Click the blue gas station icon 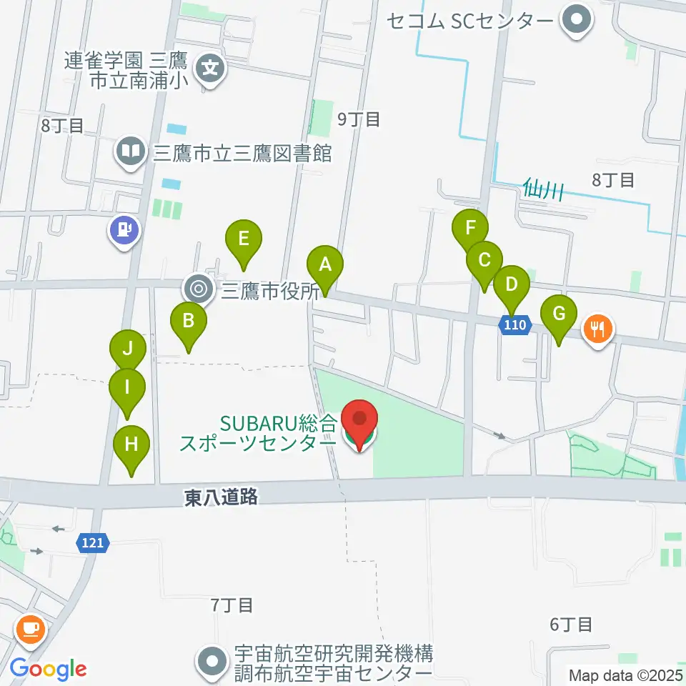point(124,230)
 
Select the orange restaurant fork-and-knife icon point(598,329)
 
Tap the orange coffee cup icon point(31,629)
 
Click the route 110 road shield point(514,326)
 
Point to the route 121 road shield point(93,544)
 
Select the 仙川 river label point(544,189)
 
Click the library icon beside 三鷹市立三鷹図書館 point(130,151)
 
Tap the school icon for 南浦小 point(210,69)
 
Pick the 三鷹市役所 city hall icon point(198,290)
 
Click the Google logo point(48,669)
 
